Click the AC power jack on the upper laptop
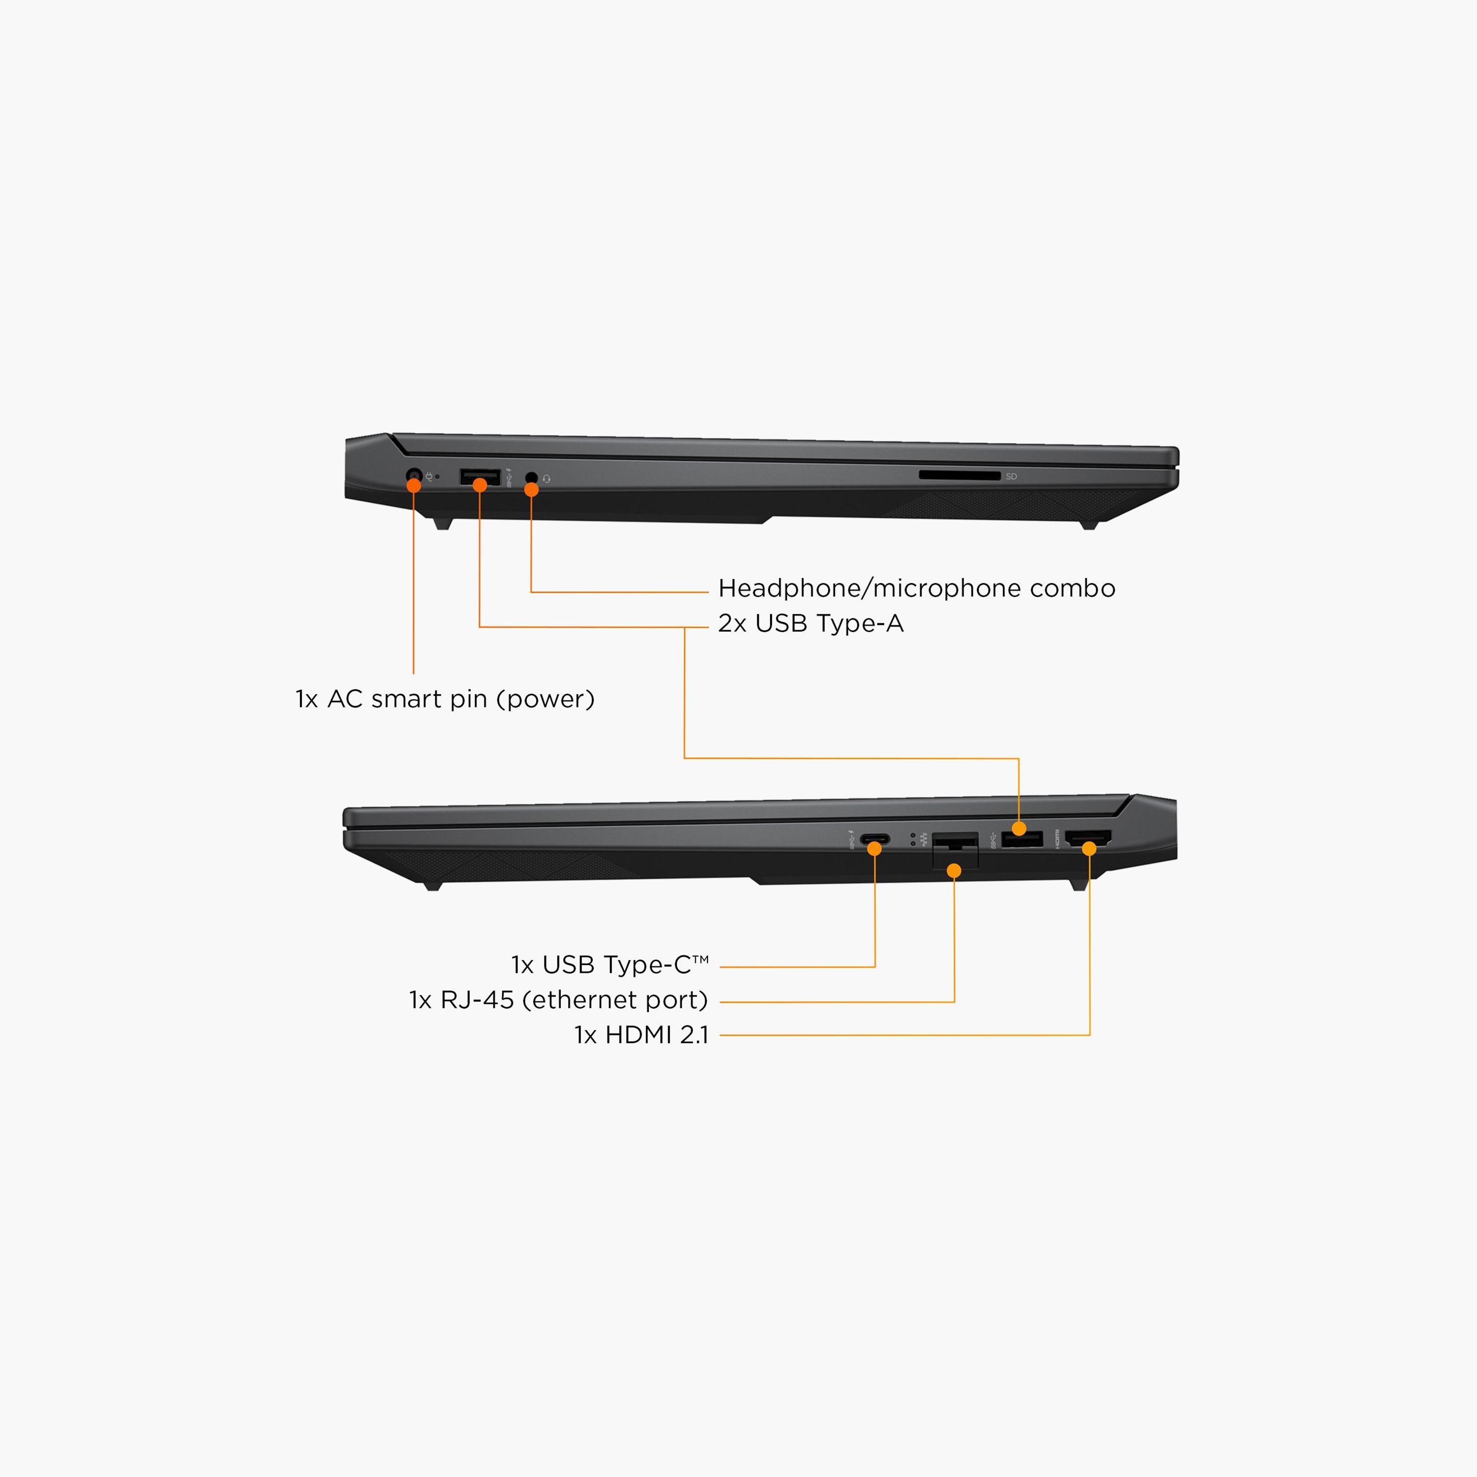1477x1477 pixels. (414, 480)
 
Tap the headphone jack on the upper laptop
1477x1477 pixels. (531, 478)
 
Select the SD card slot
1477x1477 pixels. (960, 476)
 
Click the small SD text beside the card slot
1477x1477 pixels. (1011, 476)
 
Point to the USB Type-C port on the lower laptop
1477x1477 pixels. (874, 839)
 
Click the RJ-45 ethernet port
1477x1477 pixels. (955, 850)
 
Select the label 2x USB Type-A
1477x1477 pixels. (810, 624)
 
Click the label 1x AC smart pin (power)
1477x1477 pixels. (445, 699)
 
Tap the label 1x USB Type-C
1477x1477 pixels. (610, 965)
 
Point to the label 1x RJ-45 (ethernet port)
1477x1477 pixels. (559, 1000)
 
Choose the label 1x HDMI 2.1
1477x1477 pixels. (642, 1035)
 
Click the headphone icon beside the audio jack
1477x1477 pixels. (546, 479)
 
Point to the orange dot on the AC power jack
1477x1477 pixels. (414, 485)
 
